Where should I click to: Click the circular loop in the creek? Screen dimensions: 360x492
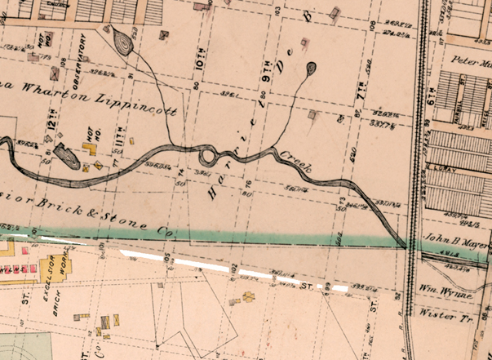(207, 153)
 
